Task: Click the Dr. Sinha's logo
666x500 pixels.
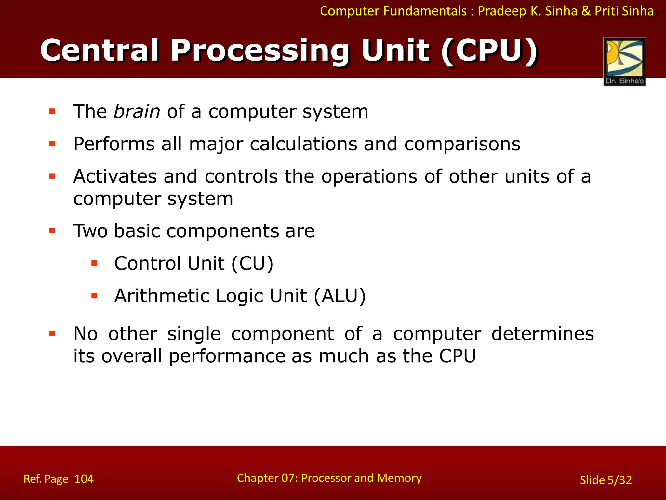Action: coord(624,61)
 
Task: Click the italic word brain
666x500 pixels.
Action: coord(137,112)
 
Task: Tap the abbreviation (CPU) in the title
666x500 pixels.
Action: coord(489,50)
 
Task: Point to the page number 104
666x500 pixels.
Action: coord(84,479)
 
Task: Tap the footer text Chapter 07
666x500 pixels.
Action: coord(267,478)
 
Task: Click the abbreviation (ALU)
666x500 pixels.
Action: coord(340,296)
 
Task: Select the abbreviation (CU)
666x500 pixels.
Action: coord(252,263)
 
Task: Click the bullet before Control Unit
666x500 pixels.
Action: coord(94,263)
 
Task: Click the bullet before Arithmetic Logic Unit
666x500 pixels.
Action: coord(94,296)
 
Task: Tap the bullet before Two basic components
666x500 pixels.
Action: coord(52,231)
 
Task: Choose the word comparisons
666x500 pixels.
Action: coord(462,144)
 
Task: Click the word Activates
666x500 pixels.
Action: coord(115,176)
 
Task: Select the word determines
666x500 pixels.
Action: coord(542,334)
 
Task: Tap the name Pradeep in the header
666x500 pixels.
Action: coord(502,11)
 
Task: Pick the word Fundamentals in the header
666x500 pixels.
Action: coord(425,11)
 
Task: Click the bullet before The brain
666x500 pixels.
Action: coord(52,112)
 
